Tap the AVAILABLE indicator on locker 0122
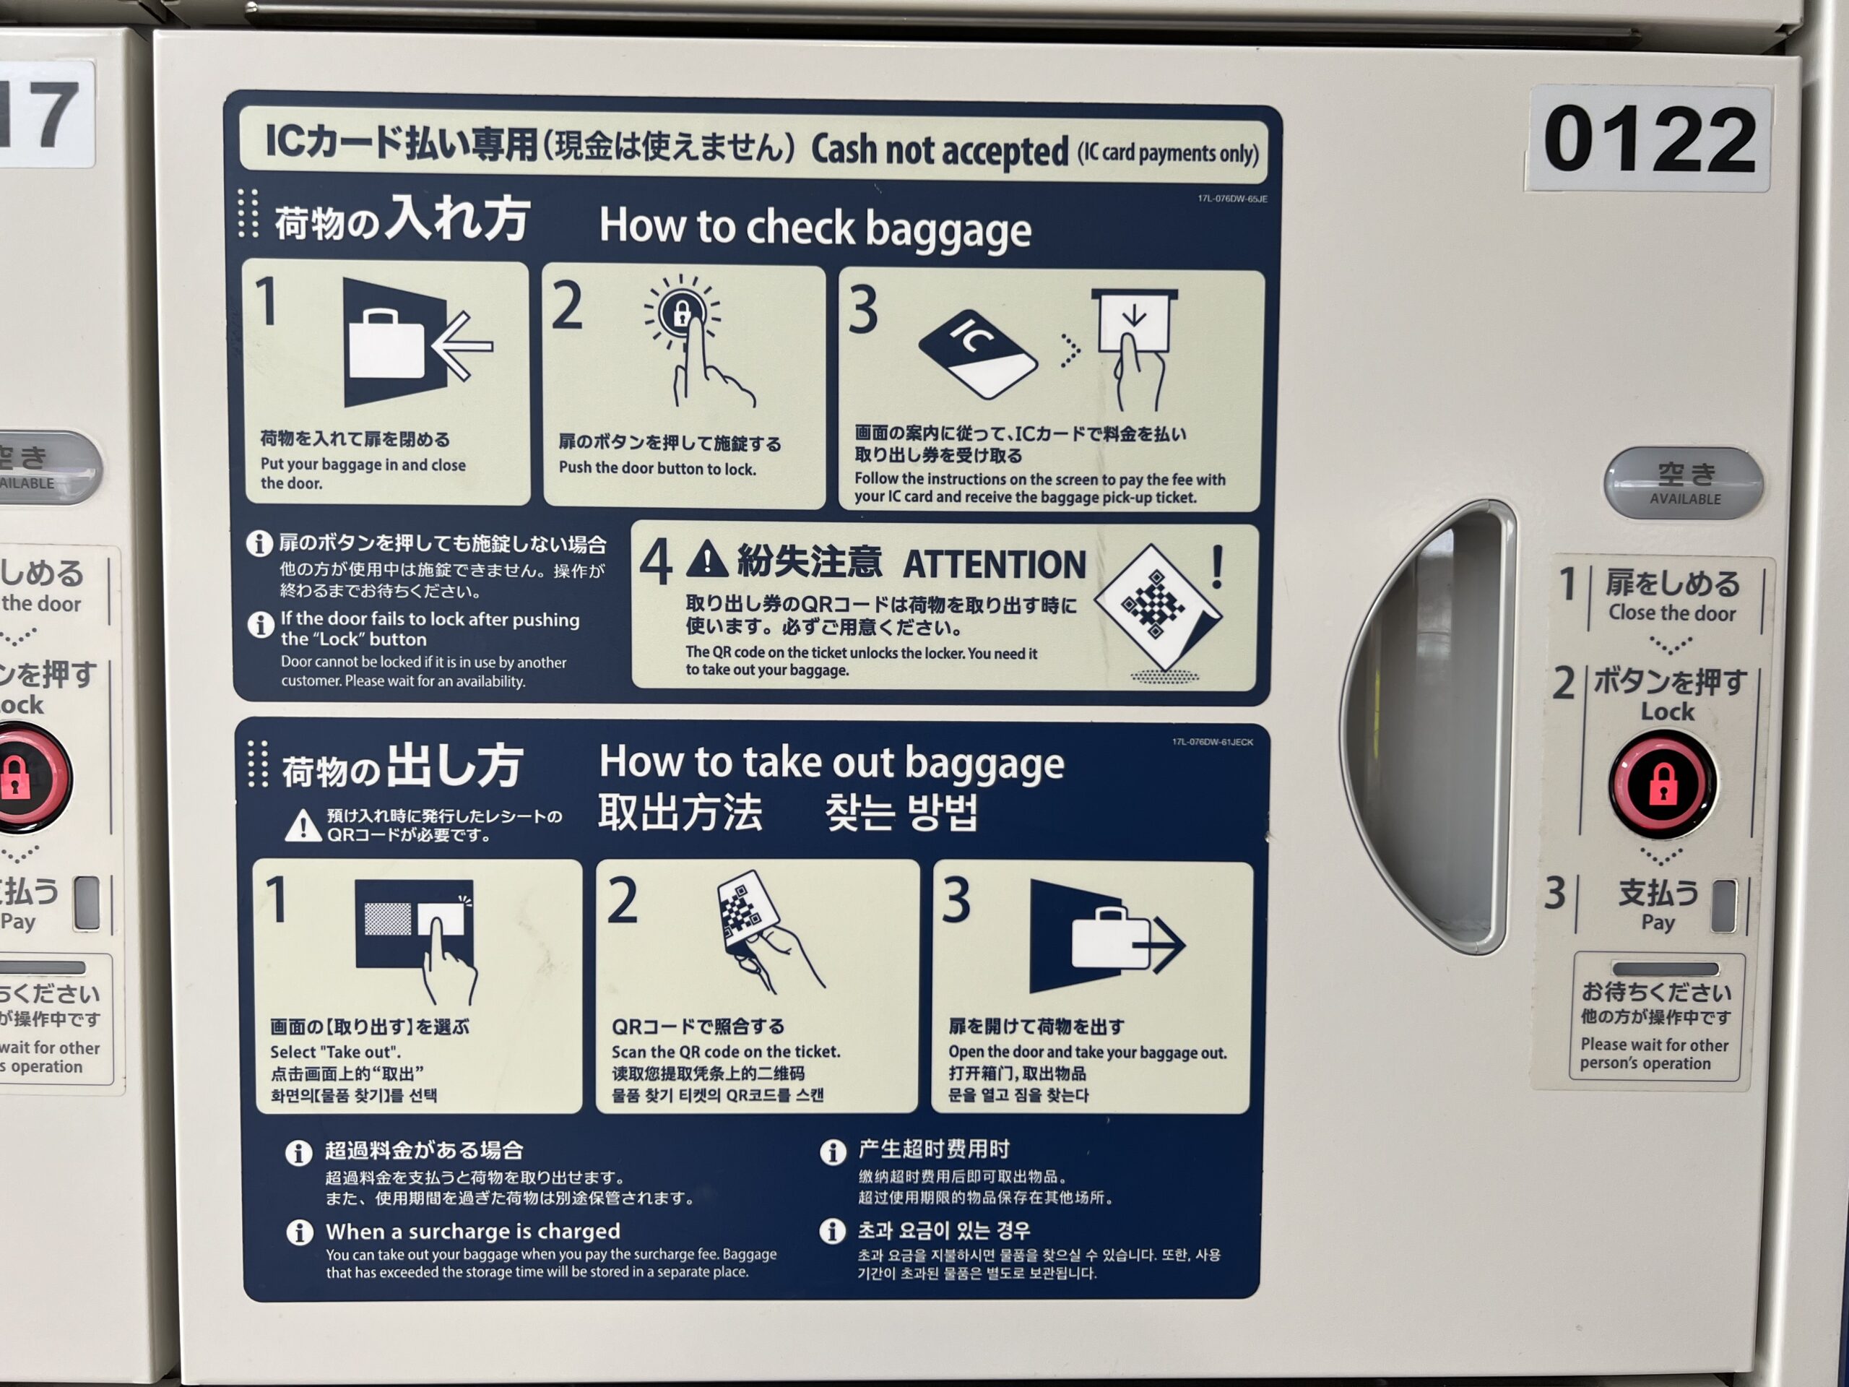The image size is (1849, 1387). pyautogui.click(x=1684, y=483)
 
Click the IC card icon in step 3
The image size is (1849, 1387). pyautogui.click(x=977, y=355)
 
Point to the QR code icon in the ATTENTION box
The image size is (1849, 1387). pyautogui.click(x=1159, y=604)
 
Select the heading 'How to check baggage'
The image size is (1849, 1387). pyautogui.click(x=815, y=228)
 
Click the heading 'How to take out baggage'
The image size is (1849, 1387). pyautogui.click(x=832, y=762)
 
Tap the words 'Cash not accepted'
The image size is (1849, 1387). pyautogui.click(x=940, y=150)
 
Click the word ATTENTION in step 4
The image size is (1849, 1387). pyautogui.click(x=995, y=564)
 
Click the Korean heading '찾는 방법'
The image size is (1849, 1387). pyautogui.click(x=901, y=812)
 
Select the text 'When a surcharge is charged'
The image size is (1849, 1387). pyautogui.click(x=473, y=1231)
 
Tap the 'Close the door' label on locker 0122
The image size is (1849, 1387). pyautogui.click(x=1672, y=613)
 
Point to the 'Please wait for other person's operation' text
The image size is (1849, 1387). pyautogui.click(x=1655, y=1053)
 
